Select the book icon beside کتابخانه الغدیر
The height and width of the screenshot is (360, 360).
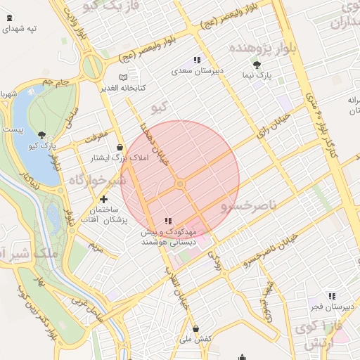124,77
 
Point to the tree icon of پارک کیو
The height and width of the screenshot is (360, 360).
42,135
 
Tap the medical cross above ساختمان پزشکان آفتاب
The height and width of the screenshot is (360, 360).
104,200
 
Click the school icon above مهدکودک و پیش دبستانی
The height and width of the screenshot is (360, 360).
167,221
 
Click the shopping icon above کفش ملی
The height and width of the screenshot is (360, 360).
195,329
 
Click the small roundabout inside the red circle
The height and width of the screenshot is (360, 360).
181,184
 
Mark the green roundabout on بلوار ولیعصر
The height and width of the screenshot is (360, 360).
91,68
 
